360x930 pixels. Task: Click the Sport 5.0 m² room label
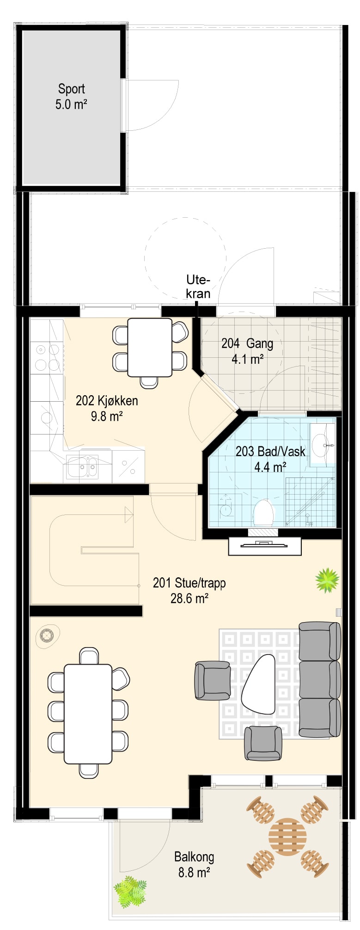[71, 97]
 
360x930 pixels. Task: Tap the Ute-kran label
[198, 287]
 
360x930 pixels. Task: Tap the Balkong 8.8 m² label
[194, 865]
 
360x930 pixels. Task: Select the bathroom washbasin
[322, 445]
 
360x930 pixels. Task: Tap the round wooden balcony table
[287, 837]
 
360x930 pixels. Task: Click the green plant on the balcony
[130, 892]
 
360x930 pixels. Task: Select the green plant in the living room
[327, 580]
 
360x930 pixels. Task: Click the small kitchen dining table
[150, 348]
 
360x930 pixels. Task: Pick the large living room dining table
[88, 714]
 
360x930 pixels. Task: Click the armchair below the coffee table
[263, 743]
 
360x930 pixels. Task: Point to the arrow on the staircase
[129, 514]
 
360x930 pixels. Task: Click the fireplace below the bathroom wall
[265, 546]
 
